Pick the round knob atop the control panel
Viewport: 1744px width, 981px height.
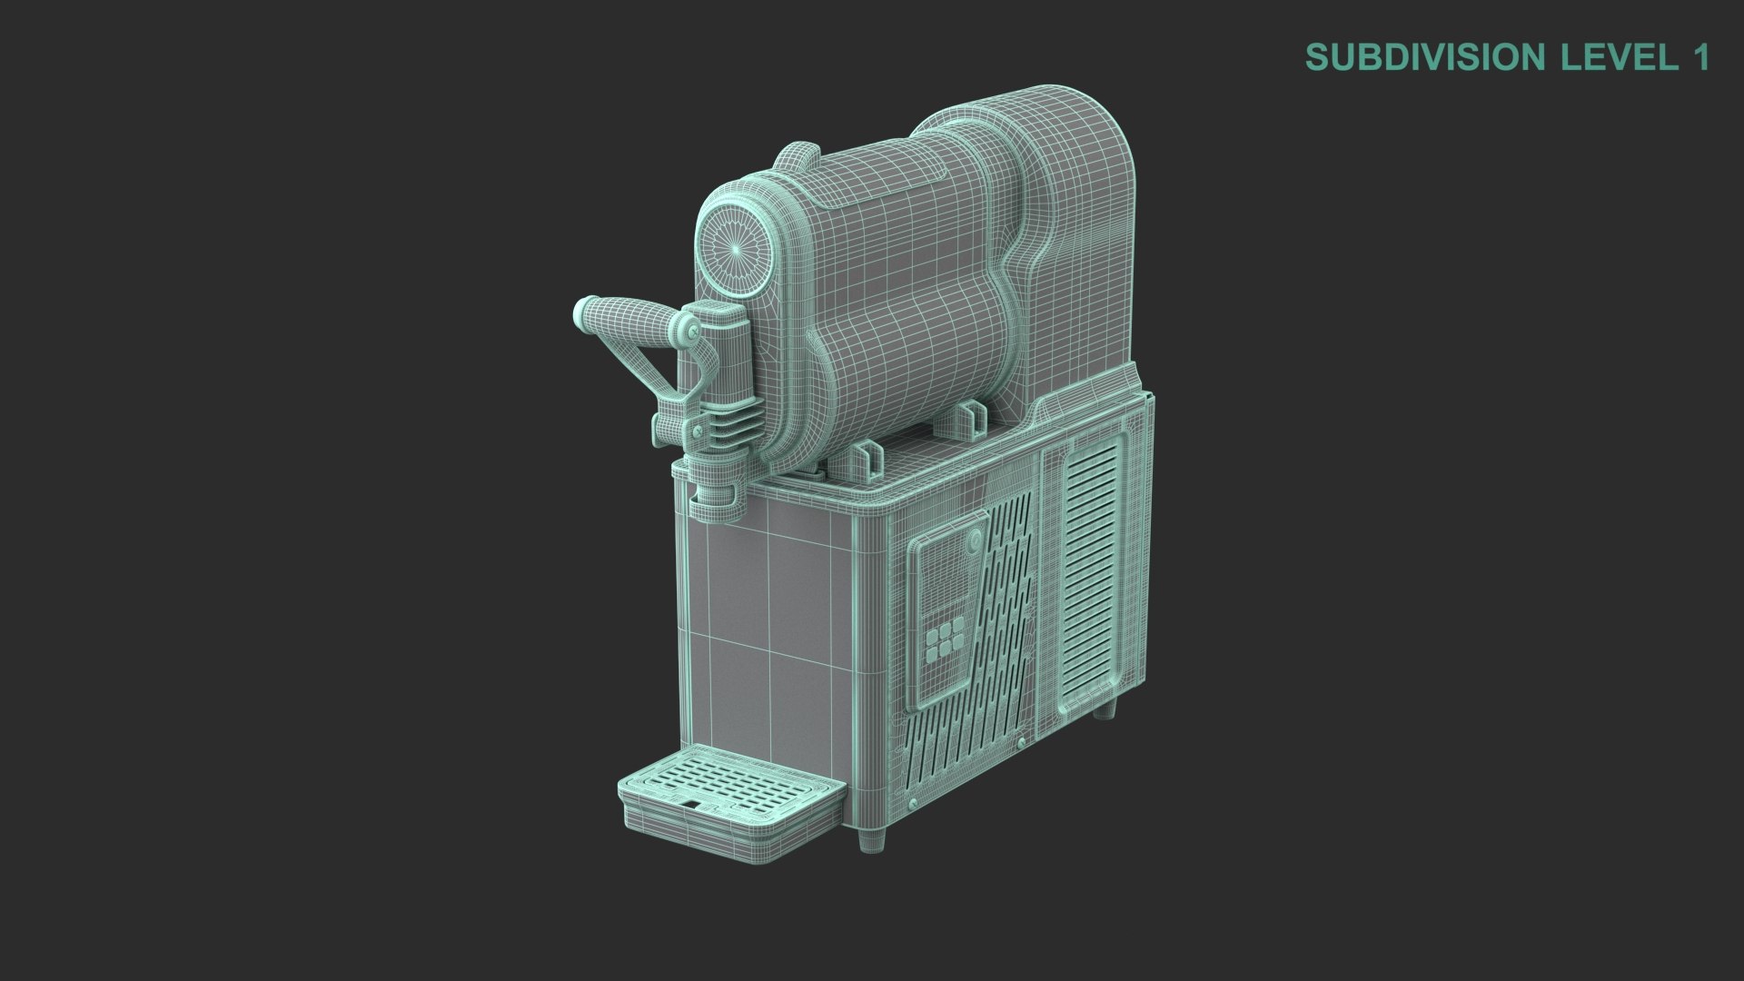click(x=974, y=542)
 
